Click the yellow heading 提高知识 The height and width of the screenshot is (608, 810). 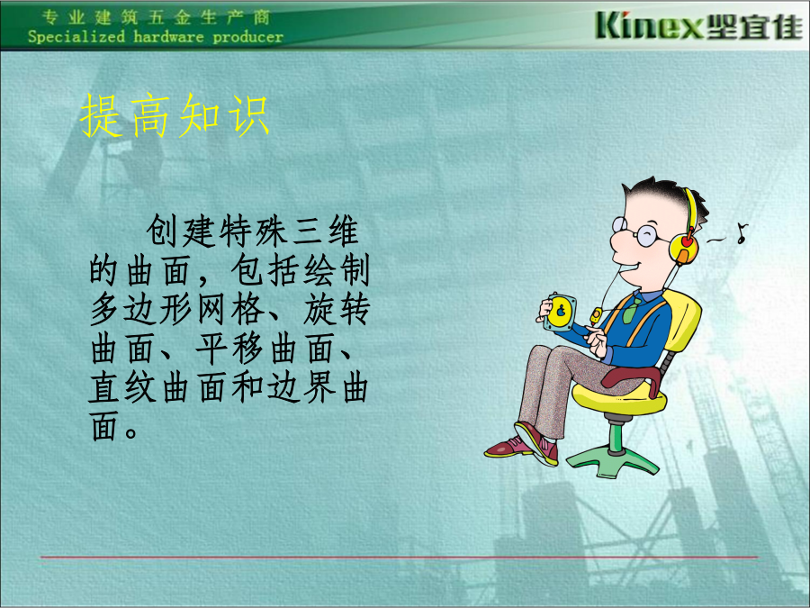click(x=175, y=116)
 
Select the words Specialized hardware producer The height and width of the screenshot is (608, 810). click(x=156, y=37)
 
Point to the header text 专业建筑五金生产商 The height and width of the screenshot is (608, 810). click(x=156, y=17)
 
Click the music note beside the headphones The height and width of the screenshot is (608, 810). click(x=742, y=233)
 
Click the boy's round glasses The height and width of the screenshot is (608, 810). click(x=634, y=231)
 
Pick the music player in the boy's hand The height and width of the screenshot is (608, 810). click(x=560, y=312)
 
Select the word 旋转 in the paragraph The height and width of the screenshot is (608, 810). click(x=337, y=310)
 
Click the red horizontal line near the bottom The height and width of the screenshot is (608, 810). click(x=399, y=557)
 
